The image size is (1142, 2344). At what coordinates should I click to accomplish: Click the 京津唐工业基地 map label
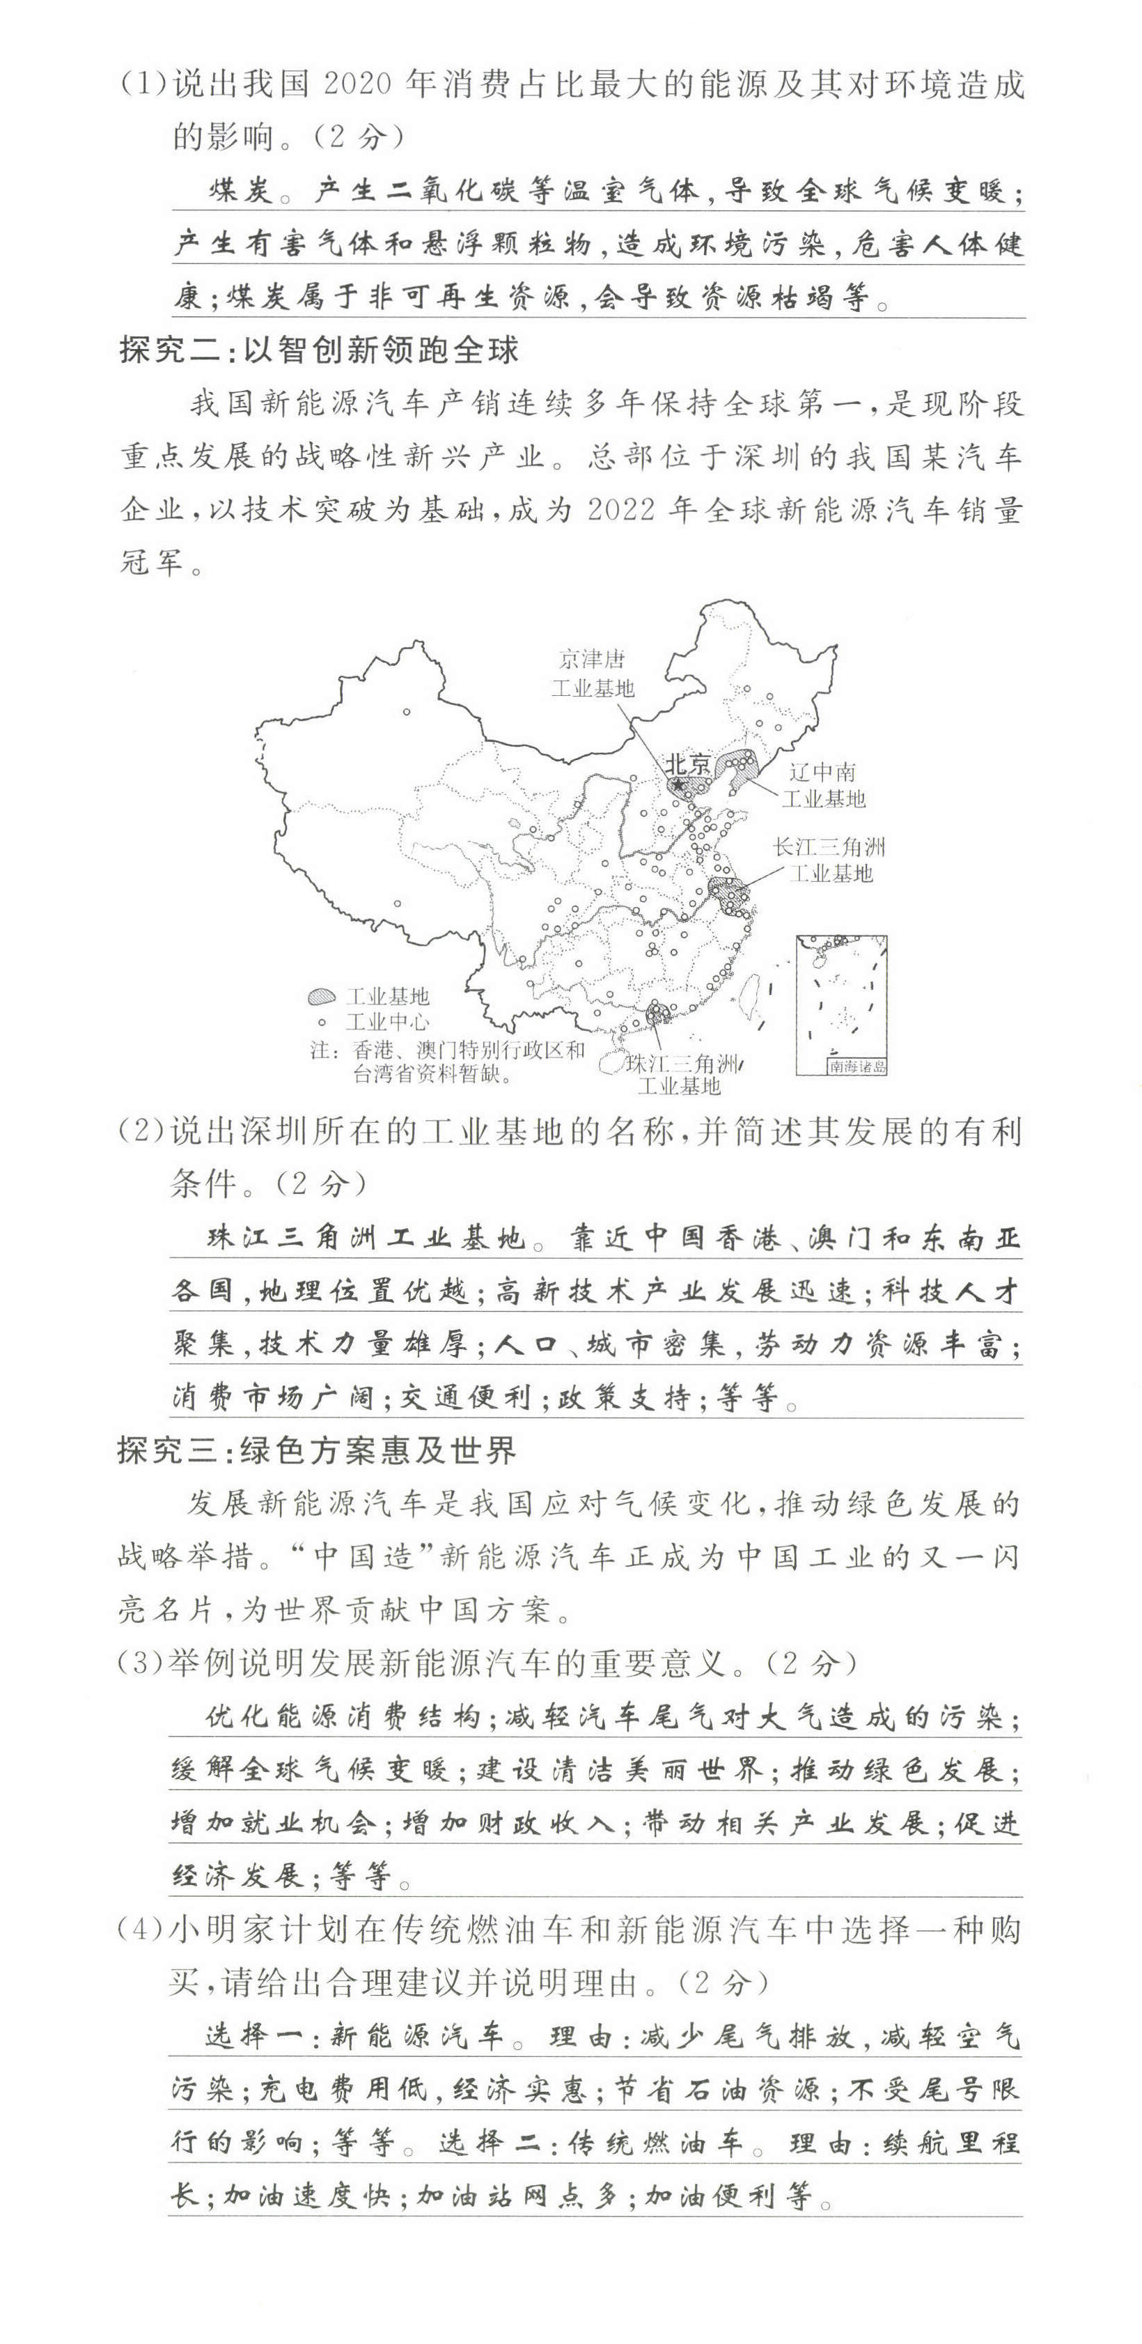[x=593, y=674]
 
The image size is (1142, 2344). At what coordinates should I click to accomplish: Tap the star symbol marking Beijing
[x=676, y=784]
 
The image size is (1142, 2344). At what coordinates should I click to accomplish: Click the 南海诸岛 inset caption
[x=856, y=1066]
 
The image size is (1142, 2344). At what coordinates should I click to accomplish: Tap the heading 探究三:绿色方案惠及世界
[x=317, y=1450]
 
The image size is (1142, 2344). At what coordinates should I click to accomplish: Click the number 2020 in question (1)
[x=357, y=84]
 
